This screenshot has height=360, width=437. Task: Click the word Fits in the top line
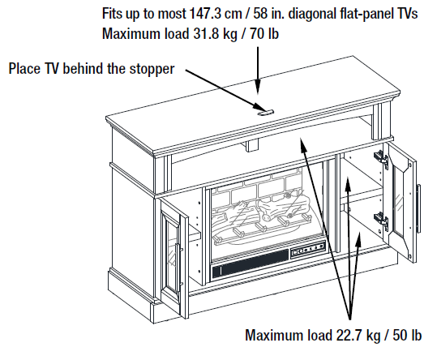tap(115, 15)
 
